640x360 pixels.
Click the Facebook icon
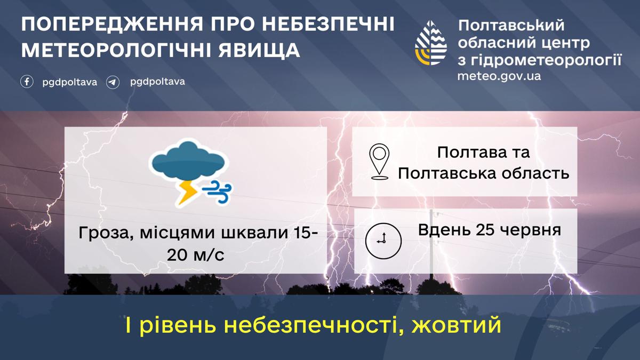(27, 82)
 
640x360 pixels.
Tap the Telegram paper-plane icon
(113, 82)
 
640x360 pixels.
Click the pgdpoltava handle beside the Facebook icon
(70, 83)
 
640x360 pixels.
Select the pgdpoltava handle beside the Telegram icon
(157, 82)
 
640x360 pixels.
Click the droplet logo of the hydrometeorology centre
(431, 43)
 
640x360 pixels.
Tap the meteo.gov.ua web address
(499, 76)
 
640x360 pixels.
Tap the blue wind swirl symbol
(217, 191)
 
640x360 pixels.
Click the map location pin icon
(379, 162)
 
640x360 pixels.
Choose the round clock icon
(383, 241)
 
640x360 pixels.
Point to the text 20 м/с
(196, 255)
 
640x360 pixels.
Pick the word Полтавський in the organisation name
(511, 26)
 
